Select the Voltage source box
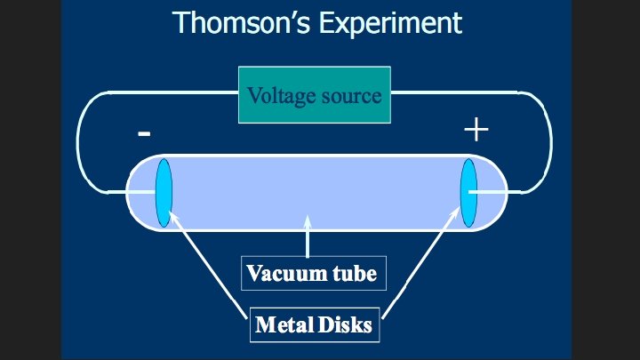tap(314, 94)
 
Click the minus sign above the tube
tap(144, 134)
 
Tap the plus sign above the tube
tap(476, 131)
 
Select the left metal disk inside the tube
tap(163, 191)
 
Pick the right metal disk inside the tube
tap(468, 191)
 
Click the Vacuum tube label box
tap(312, 273)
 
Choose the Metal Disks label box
tap(313, 324)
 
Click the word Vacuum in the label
tap(282, 273)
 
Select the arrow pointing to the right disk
tap(424, 262)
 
